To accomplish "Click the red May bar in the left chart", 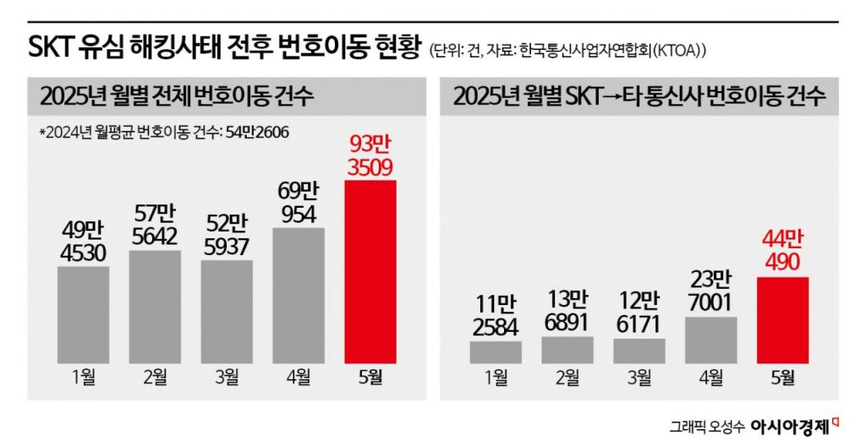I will [370, 270].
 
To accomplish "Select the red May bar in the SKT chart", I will [783, 320].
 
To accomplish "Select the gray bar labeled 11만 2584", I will [496, 351].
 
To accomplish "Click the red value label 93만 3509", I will [370, 157].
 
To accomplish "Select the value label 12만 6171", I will [639, 314].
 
